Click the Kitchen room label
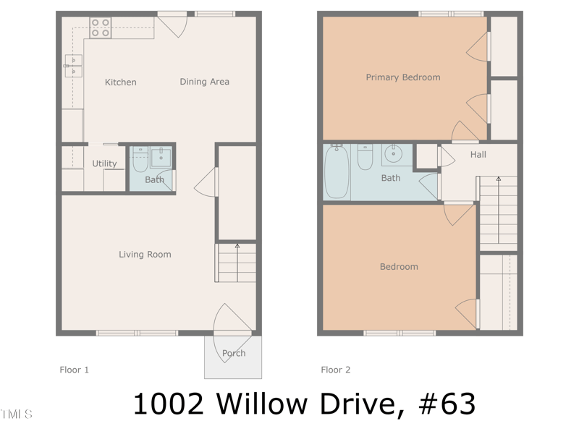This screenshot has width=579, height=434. click(x=120, y=82)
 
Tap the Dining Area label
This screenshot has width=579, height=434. click(x=204, y=82)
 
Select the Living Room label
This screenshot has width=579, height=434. click(x=145, y=255)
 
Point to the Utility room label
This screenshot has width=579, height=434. click(x=104, y=163)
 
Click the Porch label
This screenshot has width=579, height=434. click(x=233, y=353)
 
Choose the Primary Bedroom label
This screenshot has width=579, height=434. click(x=402, y=77)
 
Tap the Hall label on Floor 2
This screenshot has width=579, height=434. click(x=478, y=155)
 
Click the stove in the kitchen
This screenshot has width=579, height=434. click(x=101, y=28)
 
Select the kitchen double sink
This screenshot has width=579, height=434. click(x=73, y=66)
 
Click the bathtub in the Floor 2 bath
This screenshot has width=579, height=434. click(x=337, y=171)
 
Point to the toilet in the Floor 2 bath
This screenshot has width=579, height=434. click(x=365, y=157)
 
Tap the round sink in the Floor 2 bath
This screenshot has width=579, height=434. click(x=395, y=154)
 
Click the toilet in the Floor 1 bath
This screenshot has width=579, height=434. click(x=140, y=159)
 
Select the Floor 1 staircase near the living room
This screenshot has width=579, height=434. click(x=236, y=263)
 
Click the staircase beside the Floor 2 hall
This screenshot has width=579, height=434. click(x=498, y=211)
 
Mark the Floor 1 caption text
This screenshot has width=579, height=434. click(x=74, y=370)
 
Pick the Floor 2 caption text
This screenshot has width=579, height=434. click(x=336, y=370)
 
